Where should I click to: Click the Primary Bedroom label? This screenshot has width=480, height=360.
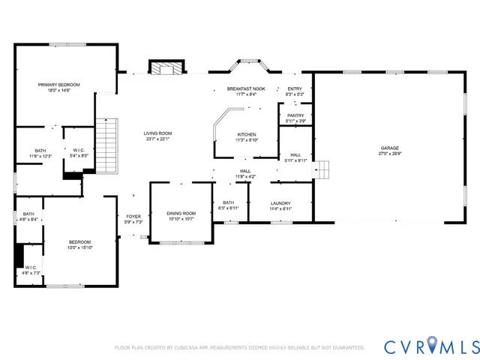click(58, 85)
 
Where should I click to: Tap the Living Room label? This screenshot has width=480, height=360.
click(157, 133)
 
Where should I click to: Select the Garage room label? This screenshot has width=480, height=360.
click(389, 148)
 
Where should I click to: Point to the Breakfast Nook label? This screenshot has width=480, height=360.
click(247, 88)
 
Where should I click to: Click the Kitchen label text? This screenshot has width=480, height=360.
click(247, 134)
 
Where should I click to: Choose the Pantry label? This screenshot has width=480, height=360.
click(295, 115)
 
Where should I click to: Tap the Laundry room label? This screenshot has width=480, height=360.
click(280, 203)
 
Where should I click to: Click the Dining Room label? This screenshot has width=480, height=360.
click(181, 214)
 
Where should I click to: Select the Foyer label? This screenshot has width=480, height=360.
click(133, 217)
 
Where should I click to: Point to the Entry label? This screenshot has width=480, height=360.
click(295, 88)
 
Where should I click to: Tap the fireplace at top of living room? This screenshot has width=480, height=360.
click(164, 67)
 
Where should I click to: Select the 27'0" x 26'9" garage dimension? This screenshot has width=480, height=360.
click(389, 154)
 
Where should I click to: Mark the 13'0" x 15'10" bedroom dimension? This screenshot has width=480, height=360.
click(80, 247)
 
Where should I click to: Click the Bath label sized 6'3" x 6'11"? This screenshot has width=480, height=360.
click(229, 202)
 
